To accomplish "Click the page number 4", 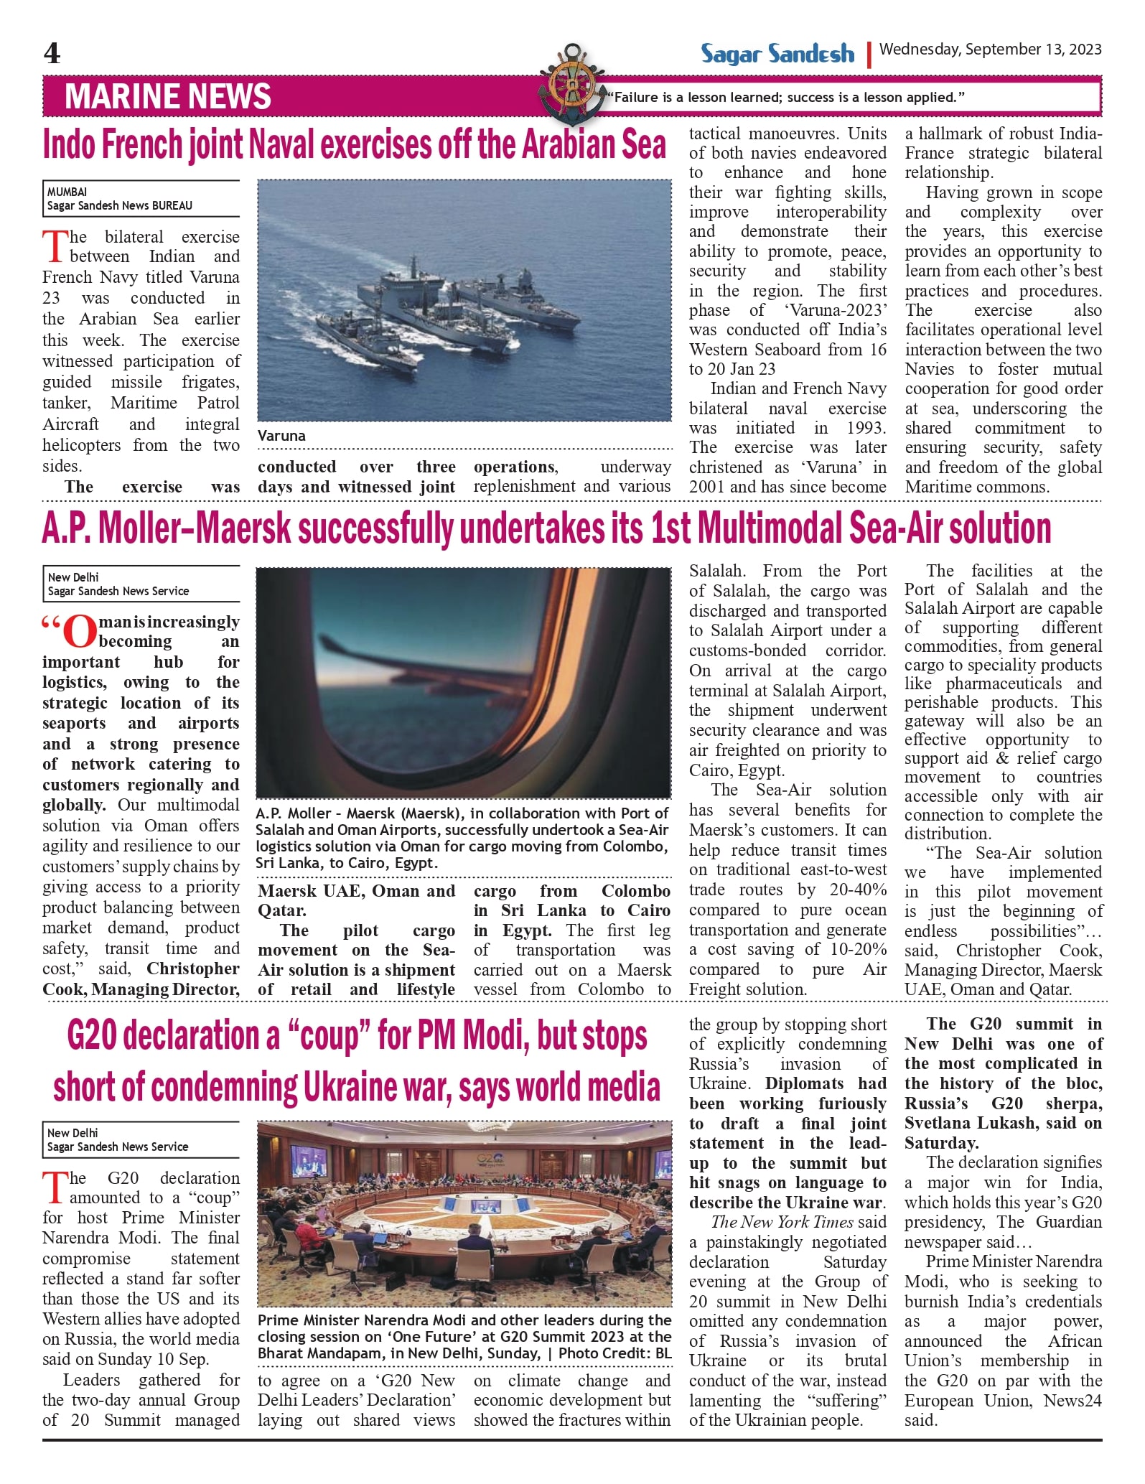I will pyautogui.click(x=52, y=53).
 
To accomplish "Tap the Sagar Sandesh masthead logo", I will pyautogui.click(x=777, y=54).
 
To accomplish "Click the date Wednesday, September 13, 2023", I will pyautogui.click(x=990, y=50).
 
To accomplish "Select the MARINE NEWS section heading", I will pyautogui.click(x=168, y=96).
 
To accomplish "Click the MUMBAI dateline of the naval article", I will pyautogui.click(x=67, y=192).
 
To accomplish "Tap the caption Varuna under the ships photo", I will pyautogui.click(x=281, y=436).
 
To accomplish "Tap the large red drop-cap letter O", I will pyautogui.click(x=79, y=631).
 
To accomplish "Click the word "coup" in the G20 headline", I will pyautogui.click(x=329, y=1036).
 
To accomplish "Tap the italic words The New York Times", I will pyautogui.click(x=782, y=1222).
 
